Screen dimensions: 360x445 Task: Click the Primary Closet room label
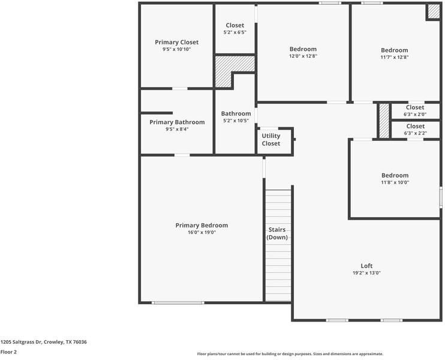coord(176,42)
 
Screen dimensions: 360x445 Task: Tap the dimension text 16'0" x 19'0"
coord(202,232)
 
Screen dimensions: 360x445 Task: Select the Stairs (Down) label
coord(276,233)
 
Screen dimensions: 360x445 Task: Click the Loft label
coord(366,266)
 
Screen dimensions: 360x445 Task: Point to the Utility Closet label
coord(270,140)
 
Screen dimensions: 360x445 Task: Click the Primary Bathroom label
coord(177,122)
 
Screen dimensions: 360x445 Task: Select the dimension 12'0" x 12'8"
coord(303,56)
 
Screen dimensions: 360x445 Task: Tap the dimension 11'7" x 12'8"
coord(394,57)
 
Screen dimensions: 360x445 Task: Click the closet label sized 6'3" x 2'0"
coord(415,107)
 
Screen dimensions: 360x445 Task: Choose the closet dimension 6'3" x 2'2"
coord(415,133)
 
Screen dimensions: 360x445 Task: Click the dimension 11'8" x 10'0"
coord(395,182)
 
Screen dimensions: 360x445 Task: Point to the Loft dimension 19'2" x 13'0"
coord(366,273)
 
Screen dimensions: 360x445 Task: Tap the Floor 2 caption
coord(8,352)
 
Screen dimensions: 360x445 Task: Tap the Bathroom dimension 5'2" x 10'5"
coord(236,121)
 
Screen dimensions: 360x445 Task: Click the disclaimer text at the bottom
coord(290,354)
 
